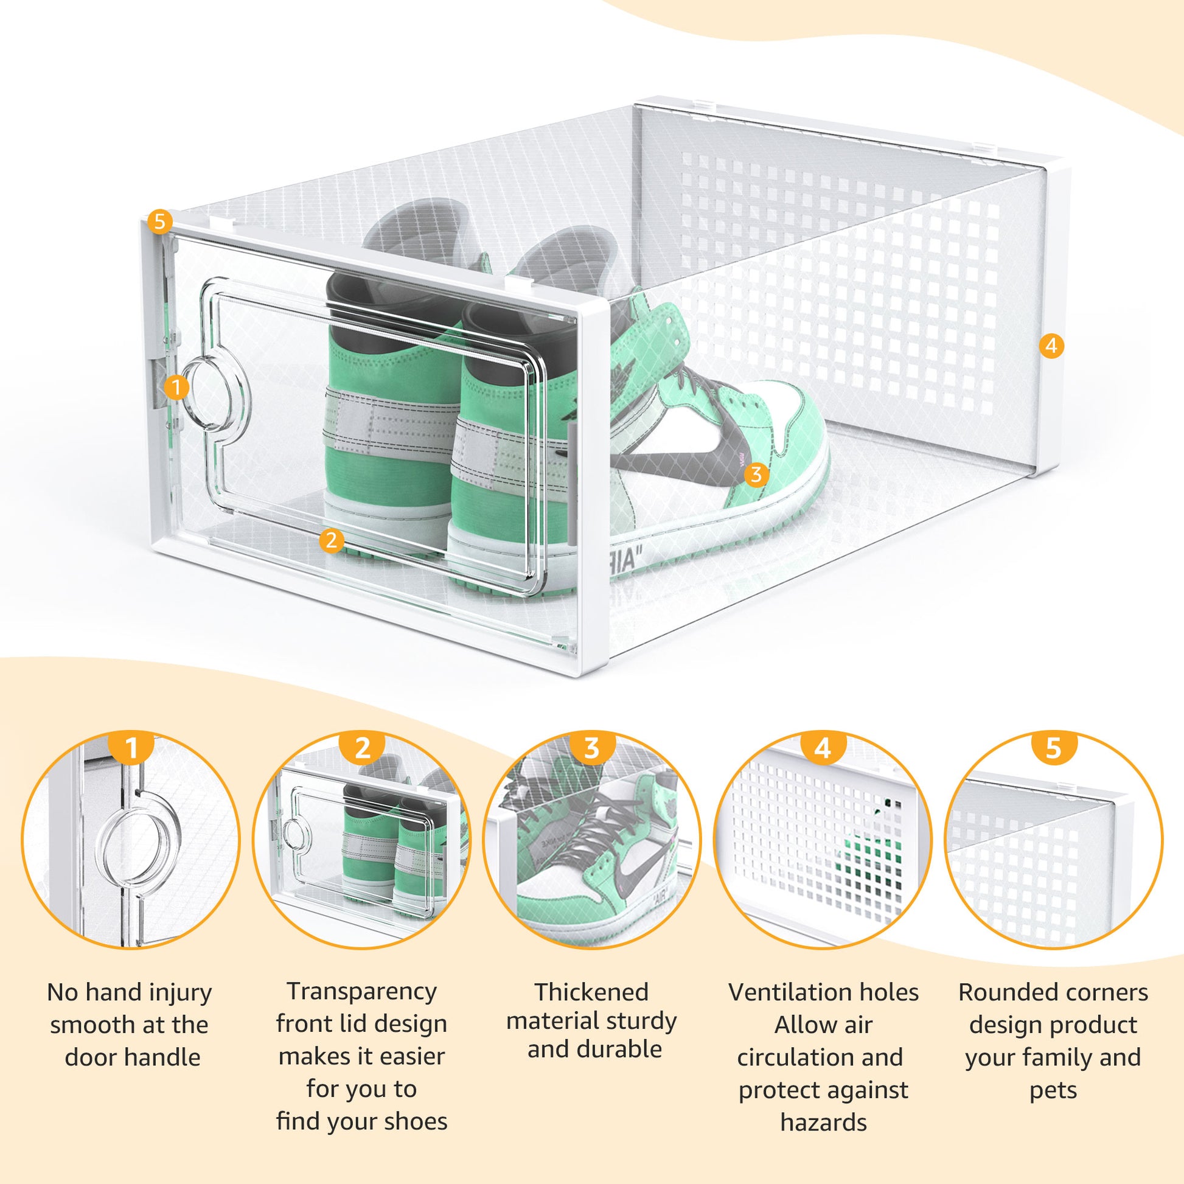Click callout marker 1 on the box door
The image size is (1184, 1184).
[x=176, y=388]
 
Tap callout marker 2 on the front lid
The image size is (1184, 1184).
[x=332, y=540]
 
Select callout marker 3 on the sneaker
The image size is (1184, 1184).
[x=756, y=475]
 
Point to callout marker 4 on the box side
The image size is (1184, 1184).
[x=1051, y=346]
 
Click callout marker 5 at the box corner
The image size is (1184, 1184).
[x=160, y=222]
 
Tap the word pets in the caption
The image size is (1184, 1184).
[x=1053, y=1090]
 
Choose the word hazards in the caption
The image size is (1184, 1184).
[x=823, y=1122]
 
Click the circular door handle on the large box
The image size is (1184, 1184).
[x=215, y=394]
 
